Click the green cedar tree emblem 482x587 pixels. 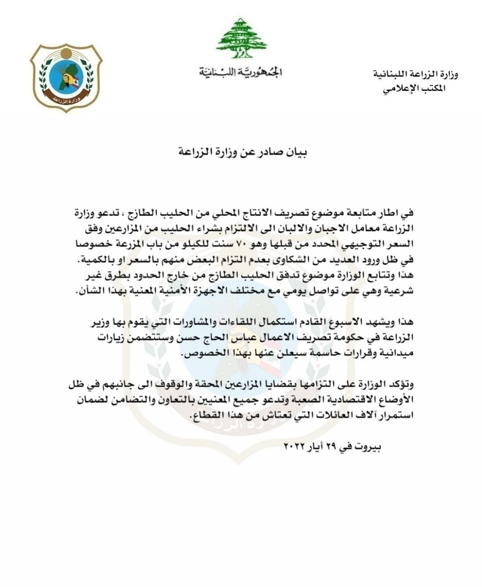[x=241, y=39]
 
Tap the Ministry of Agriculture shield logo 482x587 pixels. [x=66, y=78]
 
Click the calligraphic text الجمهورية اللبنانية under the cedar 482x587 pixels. [x=241, y=72]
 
